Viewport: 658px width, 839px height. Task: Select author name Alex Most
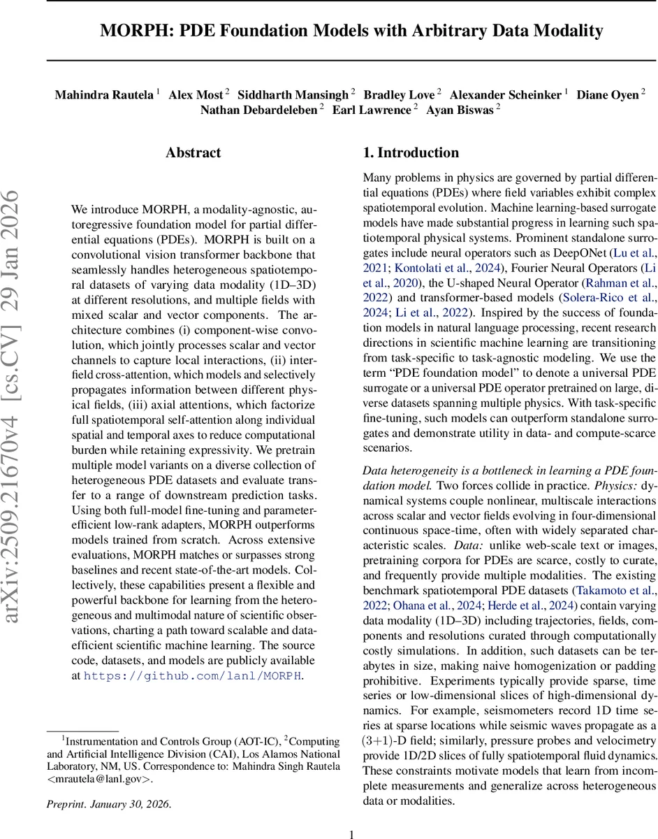tap(196, 94)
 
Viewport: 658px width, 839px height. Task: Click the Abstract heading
tap(193, 153)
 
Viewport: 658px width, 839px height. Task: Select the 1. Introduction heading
tap(411, 153)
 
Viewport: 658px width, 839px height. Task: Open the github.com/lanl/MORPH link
tap(193, 675)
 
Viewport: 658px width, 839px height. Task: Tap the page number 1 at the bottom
tap(352, 833)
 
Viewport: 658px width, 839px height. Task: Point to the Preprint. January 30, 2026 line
tap(108, 803)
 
